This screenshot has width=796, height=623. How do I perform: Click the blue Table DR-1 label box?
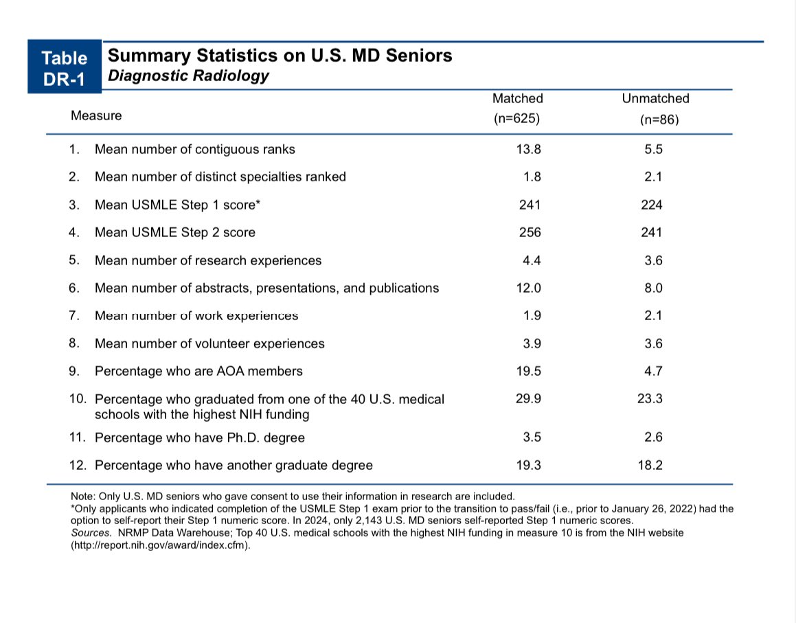pyautogui.click(x=65, y=68)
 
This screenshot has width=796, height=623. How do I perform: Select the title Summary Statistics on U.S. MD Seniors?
pyautogui.click(x=280, y=56)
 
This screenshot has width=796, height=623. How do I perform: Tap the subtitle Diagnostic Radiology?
pyautogui.click(x=189, y=76)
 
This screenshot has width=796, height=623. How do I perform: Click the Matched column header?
pyautogui.click(x=517, y=99)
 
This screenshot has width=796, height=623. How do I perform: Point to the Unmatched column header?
pyautogui.click(x=655, y=99)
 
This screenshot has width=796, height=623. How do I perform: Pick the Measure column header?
pyautogui.click(x=96, y=115)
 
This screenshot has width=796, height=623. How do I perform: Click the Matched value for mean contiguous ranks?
pyautogui.click(x=528, y=149)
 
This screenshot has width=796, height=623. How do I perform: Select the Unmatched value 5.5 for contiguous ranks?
pyautogui.click(x=653, y=149)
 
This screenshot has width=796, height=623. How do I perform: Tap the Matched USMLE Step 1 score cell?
pyautogui.click(x=530, y=205)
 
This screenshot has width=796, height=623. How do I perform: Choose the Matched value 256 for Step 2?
pyautogui.click(x=530, y=233)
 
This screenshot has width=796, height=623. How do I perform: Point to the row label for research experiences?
pyautogui.click(x=207, y=260)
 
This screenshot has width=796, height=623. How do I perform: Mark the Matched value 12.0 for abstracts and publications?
pyautogui.click(x=528, y=288)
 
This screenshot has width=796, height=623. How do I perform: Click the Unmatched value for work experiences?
pyautogui.click(x=653, y=316)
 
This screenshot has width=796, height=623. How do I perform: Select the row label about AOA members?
pyautogui.click(x=198, y=371)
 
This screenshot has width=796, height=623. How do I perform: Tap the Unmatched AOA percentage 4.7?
pyautogui.click(x=653, y=371)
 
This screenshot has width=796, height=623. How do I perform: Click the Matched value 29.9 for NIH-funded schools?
pyautogui.click(x=528, y=398)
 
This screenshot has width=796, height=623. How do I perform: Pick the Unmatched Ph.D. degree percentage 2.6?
pyautogui.click(x=653, y=438)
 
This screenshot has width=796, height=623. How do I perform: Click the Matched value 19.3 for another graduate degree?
pyautogui.click(x=528, y=465)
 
